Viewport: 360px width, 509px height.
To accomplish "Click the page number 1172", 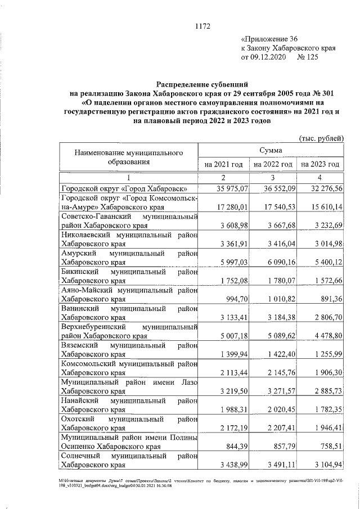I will [x=202, y=25].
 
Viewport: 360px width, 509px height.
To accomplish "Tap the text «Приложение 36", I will [x=268, y=39].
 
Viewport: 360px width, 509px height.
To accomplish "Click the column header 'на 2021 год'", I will [x=223, y=164].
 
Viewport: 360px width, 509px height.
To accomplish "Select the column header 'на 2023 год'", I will [x=320, y=164].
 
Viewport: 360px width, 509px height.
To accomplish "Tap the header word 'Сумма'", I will [x=271, y=150].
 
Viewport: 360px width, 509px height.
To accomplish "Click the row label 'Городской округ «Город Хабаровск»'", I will [x=124, y=189].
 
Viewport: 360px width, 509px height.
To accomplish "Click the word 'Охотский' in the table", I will [x=76, y=417].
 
